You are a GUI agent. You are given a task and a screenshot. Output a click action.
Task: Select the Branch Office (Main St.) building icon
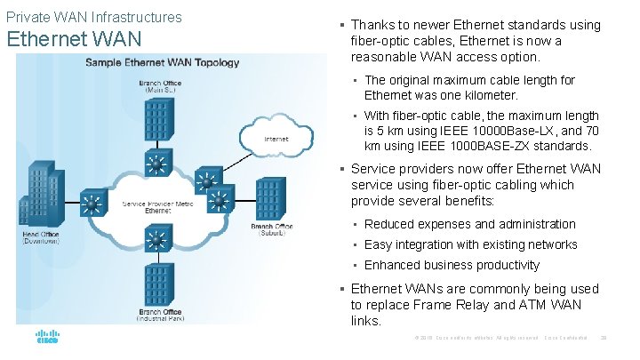click(159, 117)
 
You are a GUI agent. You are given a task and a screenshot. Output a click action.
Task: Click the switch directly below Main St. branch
click(159, 164)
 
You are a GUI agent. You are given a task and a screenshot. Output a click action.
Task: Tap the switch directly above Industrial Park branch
click(159, 239)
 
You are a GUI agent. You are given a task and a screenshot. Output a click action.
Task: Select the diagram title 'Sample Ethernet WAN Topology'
click(162, 62)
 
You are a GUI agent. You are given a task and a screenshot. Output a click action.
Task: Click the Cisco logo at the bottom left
click(47, 338)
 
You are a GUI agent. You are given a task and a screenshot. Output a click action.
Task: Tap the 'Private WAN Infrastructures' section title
click(93, 17)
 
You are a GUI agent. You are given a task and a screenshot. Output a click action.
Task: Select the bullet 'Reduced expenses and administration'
click(469, 224)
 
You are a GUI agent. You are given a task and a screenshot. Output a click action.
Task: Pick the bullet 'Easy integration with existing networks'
click(470, 244)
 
